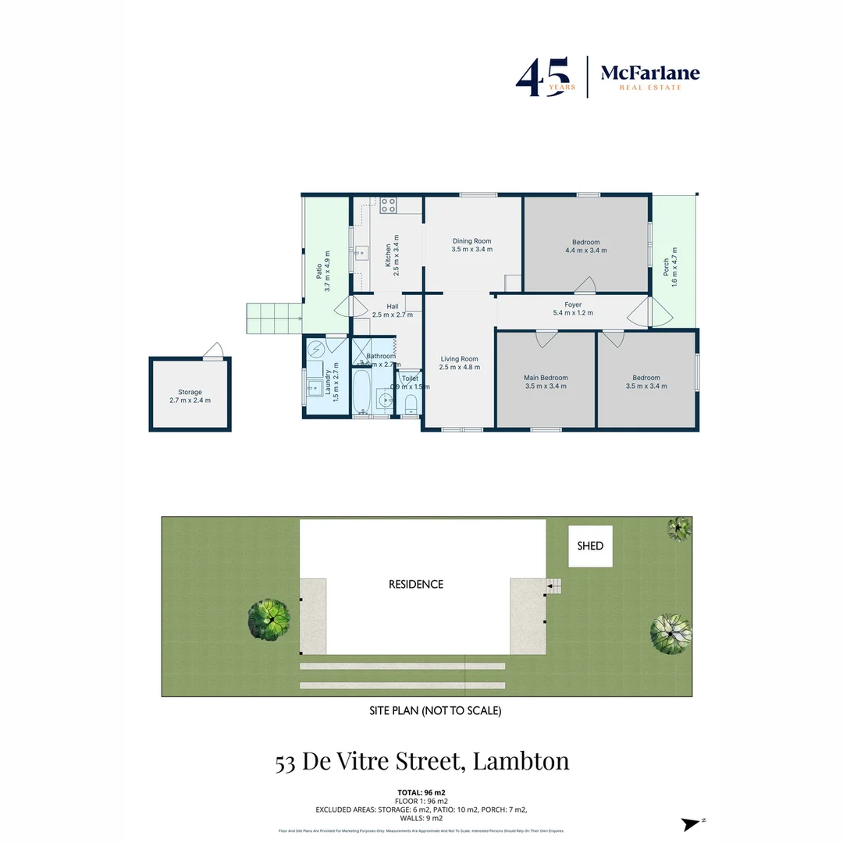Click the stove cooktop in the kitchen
coord(389,205)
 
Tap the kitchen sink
coord(361,252)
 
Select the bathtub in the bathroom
coord(361,392)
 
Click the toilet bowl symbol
coord(411,404)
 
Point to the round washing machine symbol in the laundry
coord(315,348)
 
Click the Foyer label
coord(573,304)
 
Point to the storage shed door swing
coord(214,352)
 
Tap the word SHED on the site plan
coord(590,546)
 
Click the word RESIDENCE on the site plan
coord(416,584)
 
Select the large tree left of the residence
coord(269,619)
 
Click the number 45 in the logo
coord(536,77)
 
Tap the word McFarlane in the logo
coord(649,73)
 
